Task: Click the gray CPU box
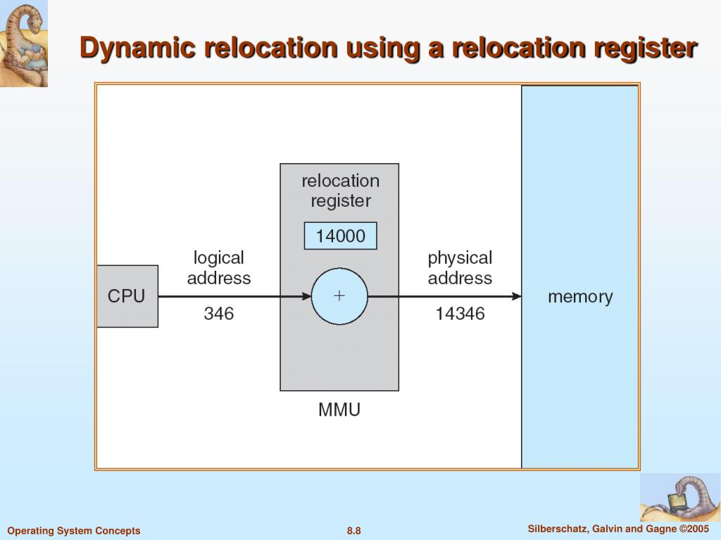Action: tap(127, 296)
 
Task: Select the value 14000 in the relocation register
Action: tap(340, 236)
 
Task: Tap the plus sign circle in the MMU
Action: tap(339, 296)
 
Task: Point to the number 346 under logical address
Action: tap(218, 314)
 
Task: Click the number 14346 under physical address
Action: tap(460, 314)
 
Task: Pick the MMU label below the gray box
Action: tap(339, 410)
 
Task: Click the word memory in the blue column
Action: tap(580, 297)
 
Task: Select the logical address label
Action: tap(218, 268)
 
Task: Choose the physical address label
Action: tap(460, 268)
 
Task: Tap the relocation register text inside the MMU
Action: tap(340, 191)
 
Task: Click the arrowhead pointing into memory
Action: tap(518, 297)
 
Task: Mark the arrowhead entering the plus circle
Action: tap(306, 297)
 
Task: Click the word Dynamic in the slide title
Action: tap(138, 48)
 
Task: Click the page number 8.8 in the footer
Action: tap(353, 531)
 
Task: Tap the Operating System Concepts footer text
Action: tap(74, 531)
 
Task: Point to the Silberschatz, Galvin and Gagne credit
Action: tap(617, 529)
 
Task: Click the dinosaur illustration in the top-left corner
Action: tap(24, 43)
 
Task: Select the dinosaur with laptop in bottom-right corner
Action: tap(679, 497)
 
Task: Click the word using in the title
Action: tap(380, 48)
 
